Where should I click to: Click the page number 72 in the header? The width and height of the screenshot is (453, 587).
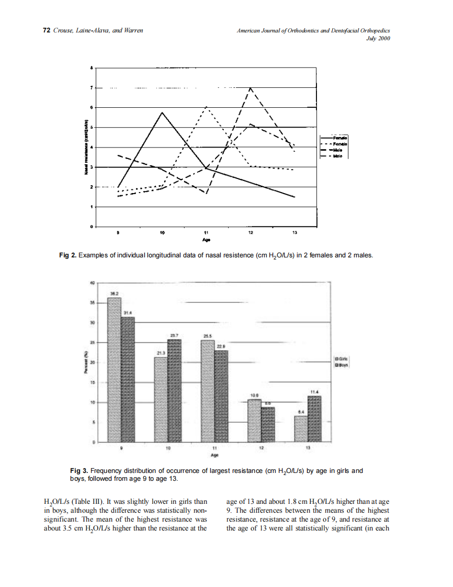46,31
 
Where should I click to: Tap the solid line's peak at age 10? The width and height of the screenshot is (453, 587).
163,112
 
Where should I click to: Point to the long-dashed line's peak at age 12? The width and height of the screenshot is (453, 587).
251,88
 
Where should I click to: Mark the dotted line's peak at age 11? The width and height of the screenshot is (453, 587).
207,107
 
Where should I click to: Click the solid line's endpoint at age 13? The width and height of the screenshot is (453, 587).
295,197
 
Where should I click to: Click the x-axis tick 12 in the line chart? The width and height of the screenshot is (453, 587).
251,232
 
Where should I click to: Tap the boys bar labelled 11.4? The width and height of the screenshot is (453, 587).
314,419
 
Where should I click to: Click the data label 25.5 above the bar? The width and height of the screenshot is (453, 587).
207,335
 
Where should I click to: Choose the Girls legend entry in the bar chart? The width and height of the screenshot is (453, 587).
341,359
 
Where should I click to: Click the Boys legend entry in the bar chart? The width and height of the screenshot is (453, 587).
341,366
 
